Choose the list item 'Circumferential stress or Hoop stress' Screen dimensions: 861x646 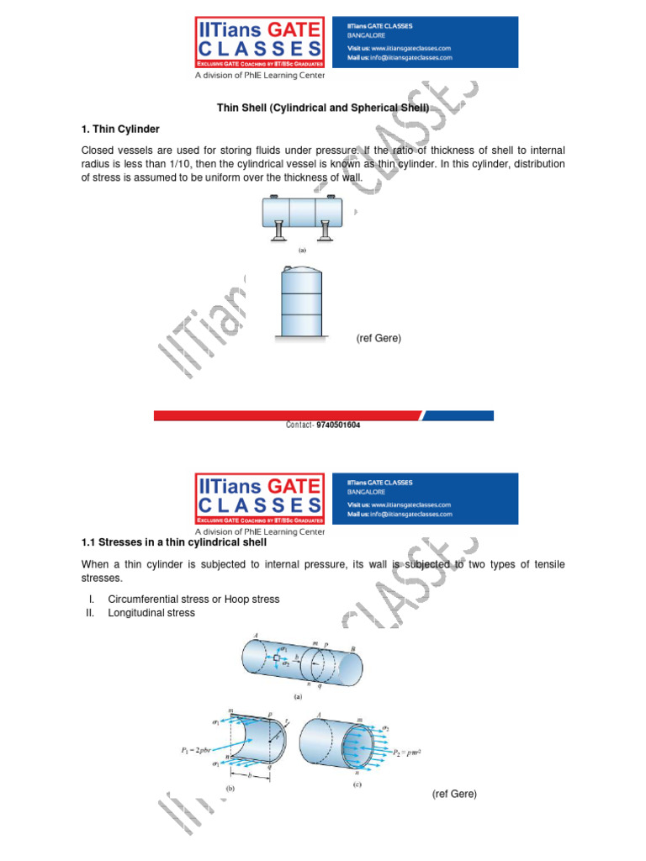point(193,600)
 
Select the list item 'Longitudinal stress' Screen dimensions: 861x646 point(151,613)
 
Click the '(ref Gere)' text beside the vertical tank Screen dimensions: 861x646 point(379,338)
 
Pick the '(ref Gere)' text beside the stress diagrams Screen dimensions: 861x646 point(454,794)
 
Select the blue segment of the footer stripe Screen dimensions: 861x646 point(459,415)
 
